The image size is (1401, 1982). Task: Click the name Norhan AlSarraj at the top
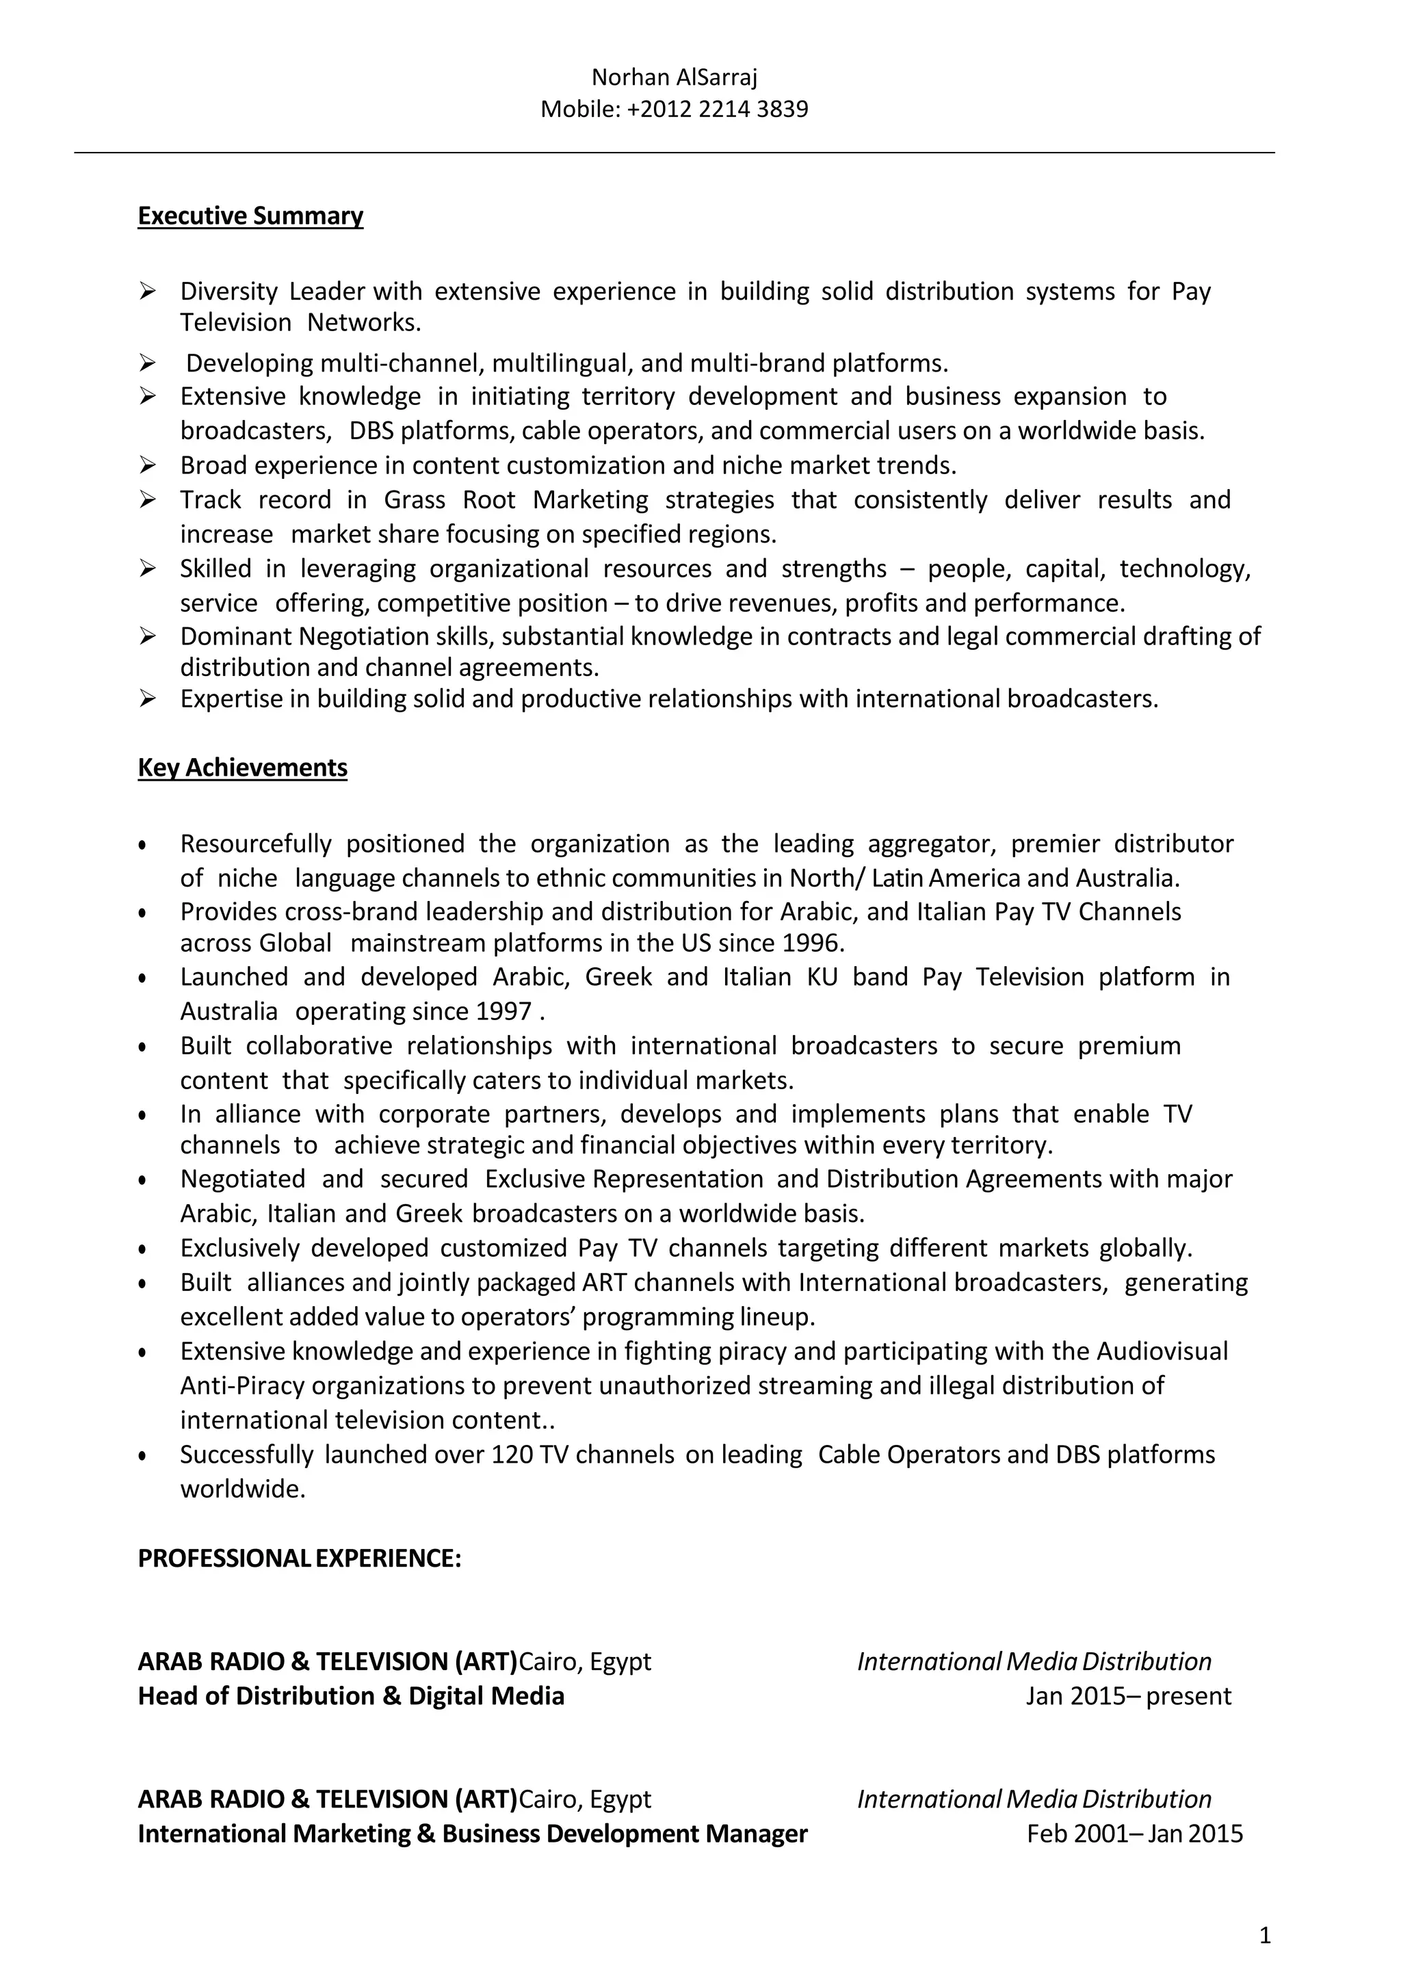point(675,78)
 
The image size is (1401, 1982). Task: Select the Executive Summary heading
point(250,216)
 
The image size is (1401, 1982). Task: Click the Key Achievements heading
point(243,768)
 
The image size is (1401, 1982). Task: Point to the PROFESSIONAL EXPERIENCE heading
point(300,1558)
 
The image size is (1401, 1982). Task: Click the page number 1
point(1265,1935)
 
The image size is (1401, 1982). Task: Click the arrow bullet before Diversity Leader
point(148,291)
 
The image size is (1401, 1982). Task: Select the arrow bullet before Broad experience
point(148,465)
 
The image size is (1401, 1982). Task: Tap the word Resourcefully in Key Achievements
point(256,844)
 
